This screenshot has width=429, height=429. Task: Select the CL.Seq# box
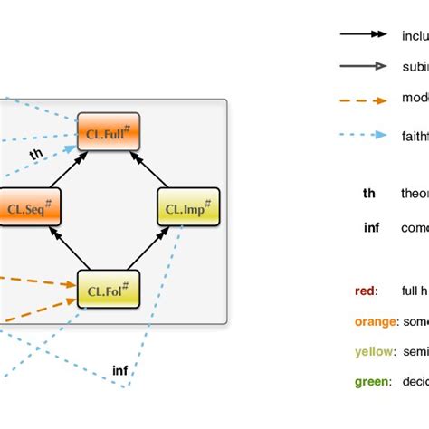[x=29, y=206]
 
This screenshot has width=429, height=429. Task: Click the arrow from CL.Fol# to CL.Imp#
[x=148, y=247]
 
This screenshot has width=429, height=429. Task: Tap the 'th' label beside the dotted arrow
[x=36, y=155]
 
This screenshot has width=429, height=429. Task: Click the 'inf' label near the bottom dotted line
[x=119, y=370]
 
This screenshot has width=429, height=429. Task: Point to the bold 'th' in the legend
[x=369, y=193]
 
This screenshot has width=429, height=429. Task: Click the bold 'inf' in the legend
[x=371, y=227]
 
